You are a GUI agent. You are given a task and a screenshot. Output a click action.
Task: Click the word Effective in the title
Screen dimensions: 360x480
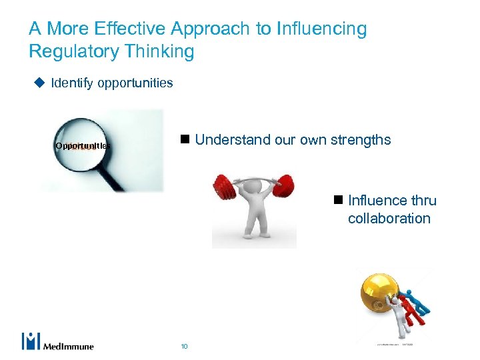133,29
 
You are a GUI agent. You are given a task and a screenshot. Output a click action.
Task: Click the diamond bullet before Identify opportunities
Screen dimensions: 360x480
39,83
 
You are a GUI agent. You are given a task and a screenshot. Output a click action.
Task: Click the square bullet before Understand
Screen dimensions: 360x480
185,140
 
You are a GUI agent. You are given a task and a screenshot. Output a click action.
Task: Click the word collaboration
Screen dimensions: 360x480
389,219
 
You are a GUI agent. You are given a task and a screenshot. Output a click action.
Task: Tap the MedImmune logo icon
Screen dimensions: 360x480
31,341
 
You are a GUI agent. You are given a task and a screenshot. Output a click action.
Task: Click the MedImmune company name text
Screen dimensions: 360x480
69,346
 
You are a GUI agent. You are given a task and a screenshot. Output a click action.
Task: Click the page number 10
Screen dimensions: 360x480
184,346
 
